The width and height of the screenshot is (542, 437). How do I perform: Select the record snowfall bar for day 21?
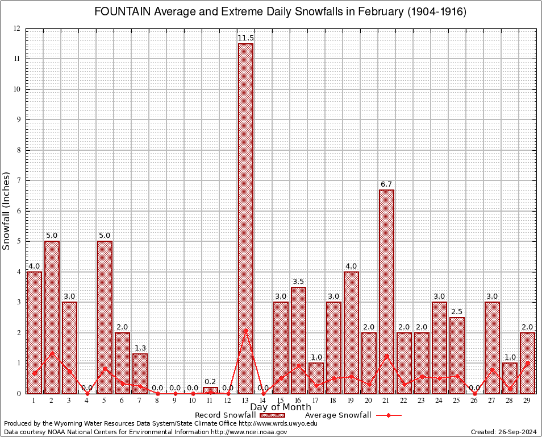point(386,291)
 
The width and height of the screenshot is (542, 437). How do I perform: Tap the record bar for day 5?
point(105,317)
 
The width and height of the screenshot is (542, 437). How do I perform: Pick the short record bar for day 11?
point(210,390)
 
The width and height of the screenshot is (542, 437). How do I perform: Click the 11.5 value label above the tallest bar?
point(245,38)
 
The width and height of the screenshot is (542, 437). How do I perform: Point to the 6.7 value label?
point(386,184)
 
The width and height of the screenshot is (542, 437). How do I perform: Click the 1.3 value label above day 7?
point(140,348)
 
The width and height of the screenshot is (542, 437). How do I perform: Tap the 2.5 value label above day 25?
point(457,312)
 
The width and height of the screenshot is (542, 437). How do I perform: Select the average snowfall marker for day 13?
point(245,330)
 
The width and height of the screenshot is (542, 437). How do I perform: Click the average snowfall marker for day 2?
point(52,353)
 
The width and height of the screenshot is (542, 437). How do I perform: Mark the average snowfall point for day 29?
point(528,362)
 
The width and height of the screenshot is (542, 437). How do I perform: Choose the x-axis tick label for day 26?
point(474,401)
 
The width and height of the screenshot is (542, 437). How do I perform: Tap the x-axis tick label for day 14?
point(263,401)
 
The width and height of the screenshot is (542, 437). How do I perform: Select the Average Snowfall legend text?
point(338,415)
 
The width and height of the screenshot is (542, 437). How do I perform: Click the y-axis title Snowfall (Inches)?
point(7,211)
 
